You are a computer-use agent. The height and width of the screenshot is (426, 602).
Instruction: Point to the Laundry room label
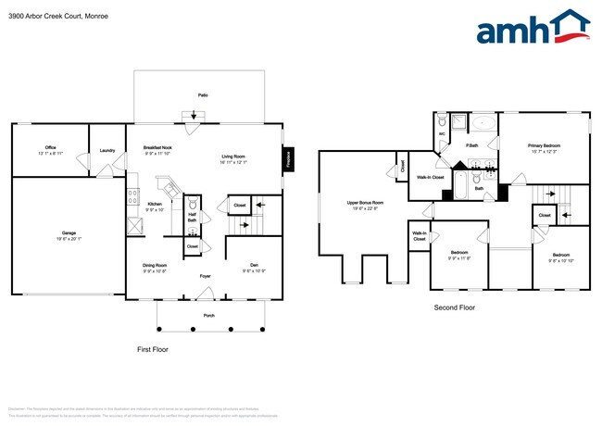click(107, 148)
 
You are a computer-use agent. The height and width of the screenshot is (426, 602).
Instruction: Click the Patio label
click(202, 95)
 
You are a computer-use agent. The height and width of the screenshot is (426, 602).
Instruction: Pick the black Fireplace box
click(288, 158)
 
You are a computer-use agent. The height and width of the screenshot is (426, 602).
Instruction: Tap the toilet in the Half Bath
click(193, 207)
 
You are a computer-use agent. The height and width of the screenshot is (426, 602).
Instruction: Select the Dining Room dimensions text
click(154, 271)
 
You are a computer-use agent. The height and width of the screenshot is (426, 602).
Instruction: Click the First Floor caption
click(157, 349)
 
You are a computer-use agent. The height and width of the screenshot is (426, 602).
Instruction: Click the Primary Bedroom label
click(544, 145)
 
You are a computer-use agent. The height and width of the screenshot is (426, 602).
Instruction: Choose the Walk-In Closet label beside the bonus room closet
click(430, 176)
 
